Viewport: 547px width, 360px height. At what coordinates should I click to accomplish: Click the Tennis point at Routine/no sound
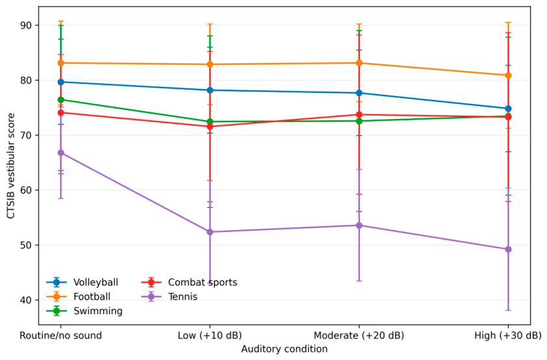[x=60, y=153]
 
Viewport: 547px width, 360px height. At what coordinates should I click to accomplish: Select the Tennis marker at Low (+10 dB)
[x=210, y=232]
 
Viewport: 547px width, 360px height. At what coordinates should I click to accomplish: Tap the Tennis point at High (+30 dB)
[x=508, y=250]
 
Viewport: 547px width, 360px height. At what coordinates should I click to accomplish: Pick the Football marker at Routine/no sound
[x=60, y=63]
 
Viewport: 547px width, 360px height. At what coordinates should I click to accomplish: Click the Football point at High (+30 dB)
[x=508, y=75]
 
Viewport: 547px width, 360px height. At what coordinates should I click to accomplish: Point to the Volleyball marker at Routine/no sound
[x=60, y=82]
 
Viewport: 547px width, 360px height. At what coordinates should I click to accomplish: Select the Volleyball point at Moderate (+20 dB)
[x=359, y=93]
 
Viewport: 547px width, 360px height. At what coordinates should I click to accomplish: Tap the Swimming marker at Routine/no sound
[x=60, y=100]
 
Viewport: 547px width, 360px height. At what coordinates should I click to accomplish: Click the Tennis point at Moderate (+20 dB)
[x=359, y=225]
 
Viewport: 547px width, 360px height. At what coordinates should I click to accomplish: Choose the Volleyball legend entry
[x=83, y=282]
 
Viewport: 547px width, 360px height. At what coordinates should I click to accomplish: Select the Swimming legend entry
[x=84, y=311]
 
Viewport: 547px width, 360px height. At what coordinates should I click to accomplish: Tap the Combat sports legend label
[x=203, y=282]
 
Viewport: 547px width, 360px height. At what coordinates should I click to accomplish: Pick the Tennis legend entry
[x=169, y=296]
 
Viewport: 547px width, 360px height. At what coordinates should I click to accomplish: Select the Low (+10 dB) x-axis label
[x=210, y=335]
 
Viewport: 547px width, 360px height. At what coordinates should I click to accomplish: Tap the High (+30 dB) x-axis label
[x=508, y=335]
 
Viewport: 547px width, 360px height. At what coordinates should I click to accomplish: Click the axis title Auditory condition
[x=285, y=349]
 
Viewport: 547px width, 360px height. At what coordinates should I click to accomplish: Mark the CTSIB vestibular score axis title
[x=11, y=166]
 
